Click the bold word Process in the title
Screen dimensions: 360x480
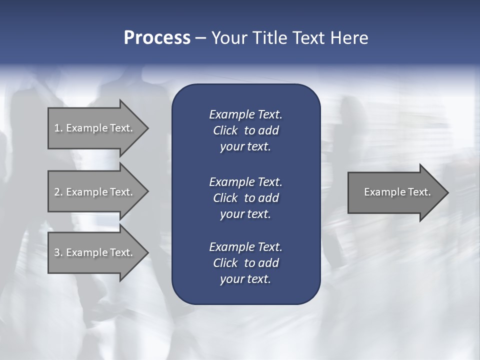157,38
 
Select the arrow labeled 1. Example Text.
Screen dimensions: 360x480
95,128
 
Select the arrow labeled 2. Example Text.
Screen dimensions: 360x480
95,192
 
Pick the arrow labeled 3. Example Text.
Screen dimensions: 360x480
95,252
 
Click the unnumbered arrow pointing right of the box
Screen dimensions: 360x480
395,192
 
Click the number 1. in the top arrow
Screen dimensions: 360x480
58,128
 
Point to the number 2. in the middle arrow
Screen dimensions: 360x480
58,192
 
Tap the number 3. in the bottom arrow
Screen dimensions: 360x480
58,252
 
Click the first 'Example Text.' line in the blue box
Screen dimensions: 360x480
245,114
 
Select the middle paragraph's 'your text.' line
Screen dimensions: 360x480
245,214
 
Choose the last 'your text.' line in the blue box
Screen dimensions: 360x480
245,279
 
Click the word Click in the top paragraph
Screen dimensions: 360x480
225,130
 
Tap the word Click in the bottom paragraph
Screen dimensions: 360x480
225,263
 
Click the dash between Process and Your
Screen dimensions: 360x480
200,38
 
